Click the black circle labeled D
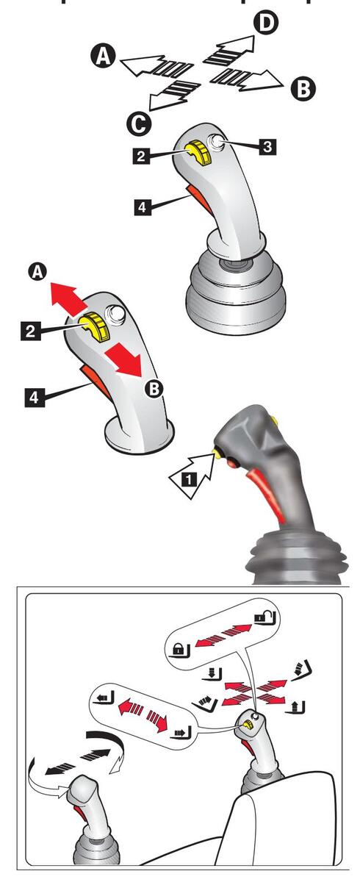[267, 23]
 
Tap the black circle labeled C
[139, 125]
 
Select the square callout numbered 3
[267, 147]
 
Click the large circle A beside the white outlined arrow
[103, 56]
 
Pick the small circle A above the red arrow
[37, 273]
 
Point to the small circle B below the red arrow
[154, 389]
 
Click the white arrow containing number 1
[192, 477]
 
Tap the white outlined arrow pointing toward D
[230, 50]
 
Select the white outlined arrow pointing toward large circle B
[247, 80]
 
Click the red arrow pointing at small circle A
[68, 299]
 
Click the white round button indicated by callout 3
[216, 142]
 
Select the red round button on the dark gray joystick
[234, 464]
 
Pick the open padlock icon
[264, 619]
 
